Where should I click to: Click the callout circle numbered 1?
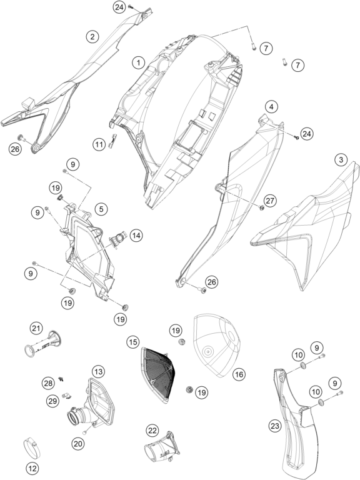coord(139,63)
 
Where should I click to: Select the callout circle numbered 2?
coord(92,37)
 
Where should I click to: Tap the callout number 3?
coord(341,159)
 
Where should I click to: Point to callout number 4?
coord(271,107)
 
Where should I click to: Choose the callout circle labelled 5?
coord(101,209)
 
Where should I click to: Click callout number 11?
coord(99,144)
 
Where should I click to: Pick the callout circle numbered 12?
coord(32,468)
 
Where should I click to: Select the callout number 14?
coord(136,236)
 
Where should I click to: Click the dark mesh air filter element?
coord(158,374)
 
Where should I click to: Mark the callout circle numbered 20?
coord(78,444)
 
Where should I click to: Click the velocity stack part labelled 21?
coord(43,344)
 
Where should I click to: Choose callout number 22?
coord(152,431)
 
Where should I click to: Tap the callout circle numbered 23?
coord(275,426)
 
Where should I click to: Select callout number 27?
coord(270,201)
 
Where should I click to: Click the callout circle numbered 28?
coord(48,383)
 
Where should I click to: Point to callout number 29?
coord(52,401)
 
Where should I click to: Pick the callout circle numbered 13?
coord(98,372)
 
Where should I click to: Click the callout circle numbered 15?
coord(133,342)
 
